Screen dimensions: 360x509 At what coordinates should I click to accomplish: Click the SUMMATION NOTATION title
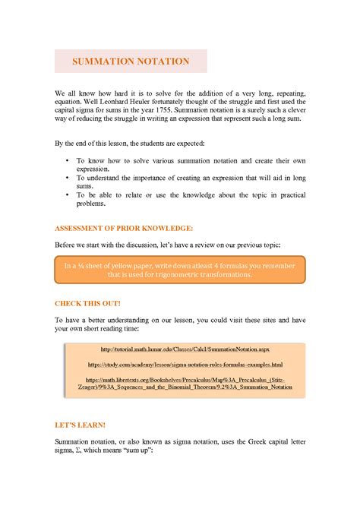130,61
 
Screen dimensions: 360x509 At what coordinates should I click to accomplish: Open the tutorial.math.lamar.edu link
185,349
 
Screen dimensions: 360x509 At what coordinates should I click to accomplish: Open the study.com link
185,365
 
